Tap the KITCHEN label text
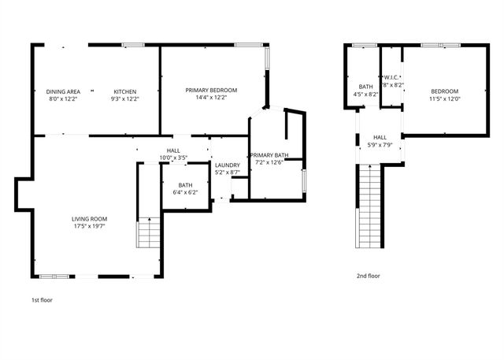[x=126, y=91]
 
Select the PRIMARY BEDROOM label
[x=211, y=90]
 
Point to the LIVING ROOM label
[x=89, y=218]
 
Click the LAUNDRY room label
[x=227, y=165]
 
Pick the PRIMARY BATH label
[x=266, y=155]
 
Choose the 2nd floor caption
[x=369, y=276]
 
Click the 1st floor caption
[x=43, y=300]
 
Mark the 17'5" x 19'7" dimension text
[x=89, y=226]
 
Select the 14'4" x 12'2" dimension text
[x=211, y=98]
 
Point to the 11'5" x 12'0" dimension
[x=444, y=99]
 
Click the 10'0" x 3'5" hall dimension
[x=173, y=158]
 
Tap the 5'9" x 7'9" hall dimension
[x=380, y=144]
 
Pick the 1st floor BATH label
[x=185, y=185]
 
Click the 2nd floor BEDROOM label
[x=444, y=91]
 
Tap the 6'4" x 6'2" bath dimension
[x=185, y=192]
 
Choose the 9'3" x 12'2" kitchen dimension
[x=126, y=99]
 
